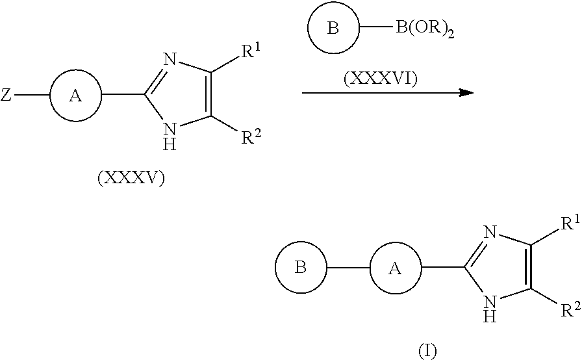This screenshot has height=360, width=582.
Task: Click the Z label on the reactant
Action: pyautogui.click(x=6, y=96)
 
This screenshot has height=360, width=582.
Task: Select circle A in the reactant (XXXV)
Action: pyautogui.click(x=75, y=96)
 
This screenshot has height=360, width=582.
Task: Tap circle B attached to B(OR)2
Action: pyautogui.click(x=333, y=29)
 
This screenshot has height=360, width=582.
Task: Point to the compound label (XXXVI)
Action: pyautogui.click(x=381, y=79)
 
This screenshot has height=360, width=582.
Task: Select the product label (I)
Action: pyautogui.click(x=427, y=351)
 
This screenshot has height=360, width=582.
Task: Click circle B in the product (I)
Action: pyautogui.click(x=301, y=268)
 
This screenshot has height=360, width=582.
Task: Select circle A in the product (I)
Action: pyautogui.click(x=396, y=268)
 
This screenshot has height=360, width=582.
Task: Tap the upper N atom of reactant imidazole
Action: pyautogui.click(x=170, y=60)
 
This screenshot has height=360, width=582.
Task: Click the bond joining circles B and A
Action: pyautogui.click(x=348, y=268)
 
